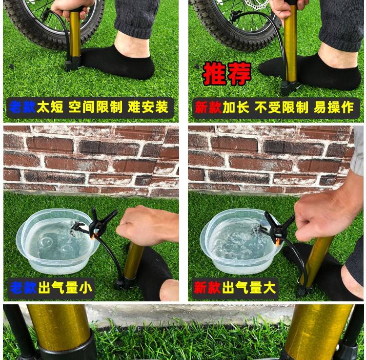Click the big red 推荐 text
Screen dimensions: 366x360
(x=227, y=73)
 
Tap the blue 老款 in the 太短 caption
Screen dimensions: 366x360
(x=22, y=107)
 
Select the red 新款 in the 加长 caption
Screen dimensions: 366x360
(x=208, y=107)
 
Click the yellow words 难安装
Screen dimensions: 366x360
(x=148, y=107)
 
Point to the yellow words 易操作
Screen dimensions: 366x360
(x=334, y=107)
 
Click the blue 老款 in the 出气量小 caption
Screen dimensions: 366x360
(x=23, y=288)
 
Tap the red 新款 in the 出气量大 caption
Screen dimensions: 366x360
(x=207, y=288)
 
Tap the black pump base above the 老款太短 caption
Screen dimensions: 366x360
(x=73, y=64)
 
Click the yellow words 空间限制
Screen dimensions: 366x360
(x=95, y=107)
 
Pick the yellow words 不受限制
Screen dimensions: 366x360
(x=281, y=107)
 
